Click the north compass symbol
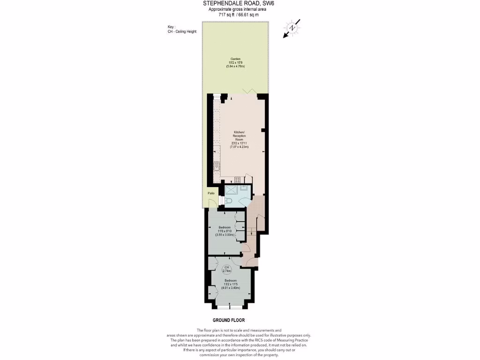(292, 28)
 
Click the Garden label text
(235, 59)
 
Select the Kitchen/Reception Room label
(239, 136)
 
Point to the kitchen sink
(217, 167)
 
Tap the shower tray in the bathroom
(231, 190)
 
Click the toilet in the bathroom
(227, 201)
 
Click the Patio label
(211, 193)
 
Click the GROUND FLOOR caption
(228, 320)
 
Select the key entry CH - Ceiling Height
(182, 31)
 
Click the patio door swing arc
(212, 202)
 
